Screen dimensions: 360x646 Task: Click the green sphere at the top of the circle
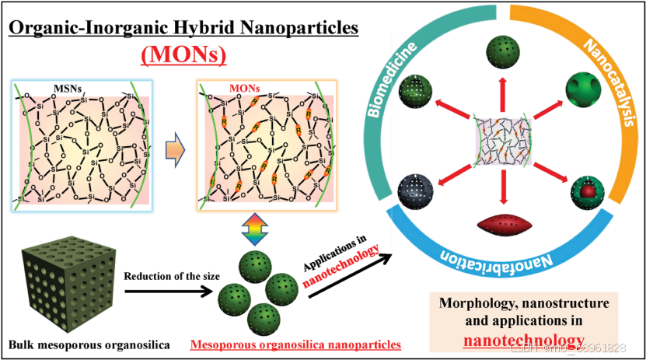coord(505,53)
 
